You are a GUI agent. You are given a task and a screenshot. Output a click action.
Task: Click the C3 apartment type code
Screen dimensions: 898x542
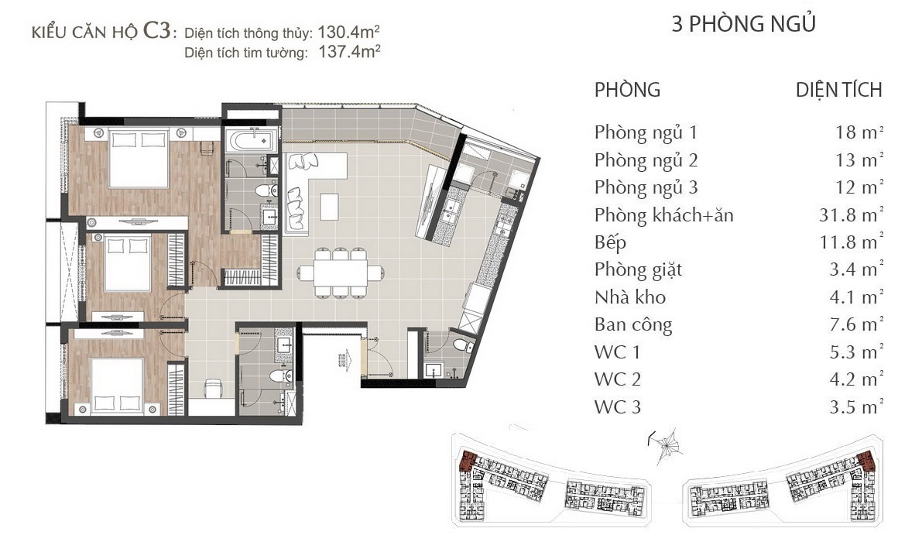[x=157, y=31]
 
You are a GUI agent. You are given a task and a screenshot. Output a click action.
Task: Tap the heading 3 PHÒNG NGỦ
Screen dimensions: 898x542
[x=743, y=24]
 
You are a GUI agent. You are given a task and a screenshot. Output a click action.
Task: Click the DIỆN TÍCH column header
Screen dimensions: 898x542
[x=838, y=90]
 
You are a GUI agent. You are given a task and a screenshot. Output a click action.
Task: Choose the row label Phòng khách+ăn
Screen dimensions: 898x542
[x=663, y=215]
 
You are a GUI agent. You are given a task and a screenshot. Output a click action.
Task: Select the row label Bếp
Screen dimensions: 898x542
[x=611, y=243]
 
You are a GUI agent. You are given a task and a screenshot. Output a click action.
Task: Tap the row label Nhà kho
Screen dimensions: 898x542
[x=630, y=297]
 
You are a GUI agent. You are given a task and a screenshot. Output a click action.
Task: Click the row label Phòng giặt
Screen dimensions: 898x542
[x=638, y=270]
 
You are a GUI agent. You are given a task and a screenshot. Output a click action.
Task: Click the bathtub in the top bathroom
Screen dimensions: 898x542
[x=251, y=139]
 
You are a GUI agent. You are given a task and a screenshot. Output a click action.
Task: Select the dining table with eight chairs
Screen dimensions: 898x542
[x=340, y=273]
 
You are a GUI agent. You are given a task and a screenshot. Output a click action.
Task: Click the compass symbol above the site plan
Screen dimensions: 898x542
[x=666, y=443]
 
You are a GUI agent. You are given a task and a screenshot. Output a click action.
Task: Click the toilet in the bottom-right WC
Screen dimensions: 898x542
[x=462, y=345]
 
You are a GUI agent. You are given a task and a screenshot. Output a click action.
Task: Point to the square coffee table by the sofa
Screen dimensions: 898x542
[x=329, y=207]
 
